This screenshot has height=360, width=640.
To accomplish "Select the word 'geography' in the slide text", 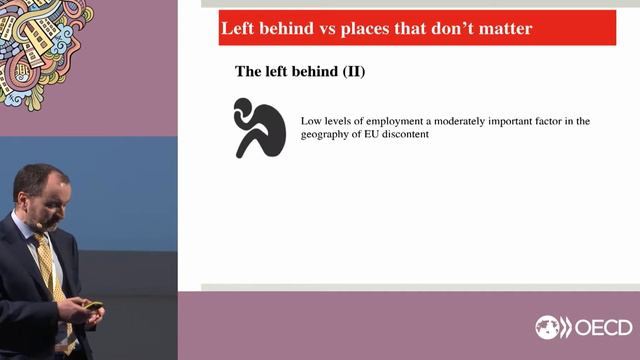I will (328, 135).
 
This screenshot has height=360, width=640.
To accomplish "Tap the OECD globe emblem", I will (550, 328).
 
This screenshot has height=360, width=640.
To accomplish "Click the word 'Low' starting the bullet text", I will (311, 121).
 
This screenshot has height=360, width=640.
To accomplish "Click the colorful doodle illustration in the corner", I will (45, 45).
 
